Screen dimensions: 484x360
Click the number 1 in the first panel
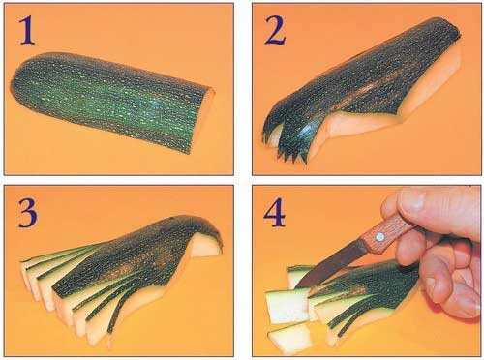click(x=27, y=31)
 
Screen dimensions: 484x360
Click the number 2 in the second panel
click(x=275, y=31)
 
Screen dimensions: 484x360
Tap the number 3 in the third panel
click(x=27, y=213)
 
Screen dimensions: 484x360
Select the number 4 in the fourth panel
click(x=275, y=213)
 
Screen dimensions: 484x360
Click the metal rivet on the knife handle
click(x=379, y=237)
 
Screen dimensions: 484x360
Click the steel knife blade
click(x=331, y=262)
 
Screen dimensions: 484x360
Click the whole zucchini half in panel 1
click(x=113, y=102)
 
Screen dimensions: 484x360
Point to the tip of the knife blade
click(x=296, y=286)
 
